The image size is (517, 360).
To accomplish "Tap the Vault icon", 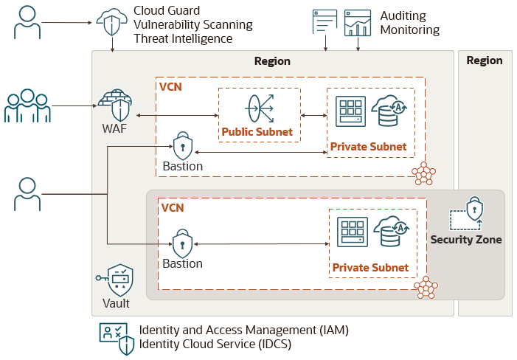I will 119,280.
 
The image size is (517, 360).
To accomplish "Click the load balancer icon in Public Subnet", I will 259,108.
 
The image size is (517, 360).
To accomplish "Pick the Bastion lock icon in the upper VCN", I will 182,145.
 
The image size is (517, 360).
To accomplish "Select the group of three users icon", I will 28,106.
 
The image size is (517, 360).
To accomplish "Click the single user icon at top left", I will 27,23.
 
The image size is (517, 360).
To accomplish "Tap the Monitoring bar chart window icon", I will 358,23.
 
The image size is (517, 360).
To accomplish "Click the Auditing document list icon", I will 325,23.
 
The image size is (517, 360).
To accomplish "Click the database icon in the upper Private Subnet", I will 389,110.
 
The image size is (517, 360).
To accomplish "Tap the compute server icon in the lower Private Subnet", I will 352,231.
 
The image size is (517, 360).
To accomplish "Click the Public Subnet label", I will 257,133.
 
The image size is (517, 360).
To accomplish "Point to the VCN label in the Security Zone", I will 172,208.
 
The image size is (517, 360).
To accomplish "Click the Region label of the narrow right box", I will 485,60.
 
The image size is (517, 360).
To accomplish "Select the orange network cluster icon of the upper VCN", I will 423,174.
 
